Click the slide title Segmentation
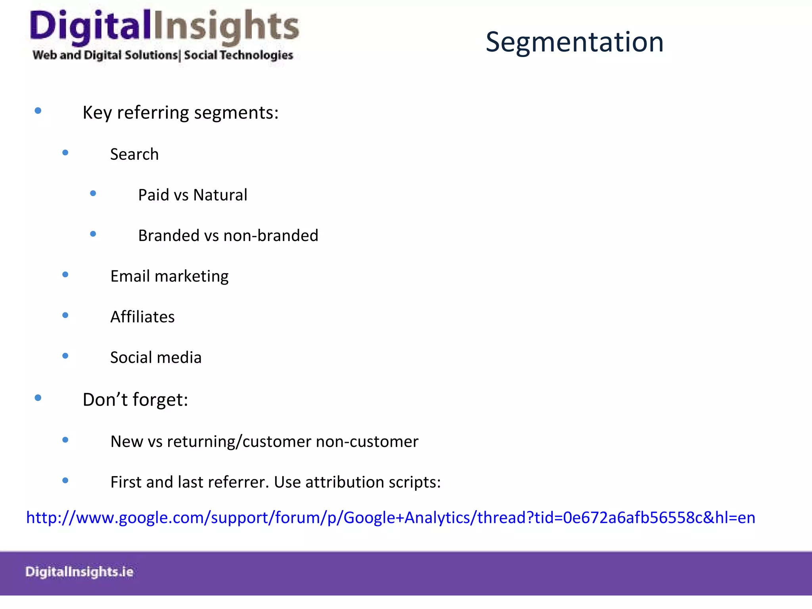click(574, 42)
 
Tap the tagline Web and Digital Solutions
click(105, 55)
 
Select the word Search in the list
click(134, 154)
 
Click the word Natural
click(220, 195)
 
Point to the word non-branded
click(271, 236)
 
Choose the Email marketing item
click(169, 276)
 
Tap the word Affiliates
click(142, 317)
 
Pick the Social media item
click(156, 358)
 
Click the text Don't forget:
click(135, 400)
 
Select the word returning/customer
click(239, 442)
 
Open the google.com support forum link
click(391, 518)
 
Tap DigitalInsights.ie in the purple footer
click(79, 572)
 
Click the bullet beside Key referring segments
click(38, 111)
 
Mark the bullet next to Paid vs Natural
click(93, 193)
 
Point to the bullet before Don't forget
click(38, 398)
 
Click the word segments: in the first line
click(236, 113)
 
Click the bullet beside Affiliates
click(65, 315)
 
